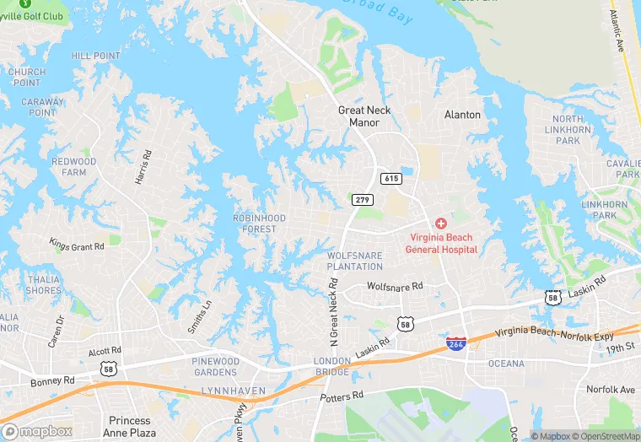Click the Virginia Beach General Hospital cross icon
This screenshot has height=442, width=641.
coord(440,223)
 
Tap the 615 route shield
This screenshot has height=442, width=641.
coord(391,178)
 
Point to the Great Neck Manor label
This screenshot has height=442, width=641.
coord(364,116)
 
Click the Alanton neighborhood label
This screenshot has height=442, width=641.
coord(462,115)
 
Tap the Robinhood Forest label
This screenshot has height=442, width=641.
coord(259,224)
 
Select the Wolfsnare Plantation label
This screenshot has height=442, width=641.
coord(355,261)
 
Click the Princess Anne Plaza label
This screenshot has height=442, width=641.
coord(130,425)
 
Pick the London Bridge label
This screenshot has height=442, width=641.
coord(332,367)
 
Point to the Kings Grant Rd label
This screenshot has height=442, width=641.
coord(77,245)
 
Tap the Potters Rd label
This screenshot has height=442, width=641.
coord(342,396)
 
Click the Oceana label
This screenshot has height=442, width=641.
coord(506,364)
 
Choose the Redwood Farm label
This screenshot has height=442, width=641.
coord(74,166)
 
